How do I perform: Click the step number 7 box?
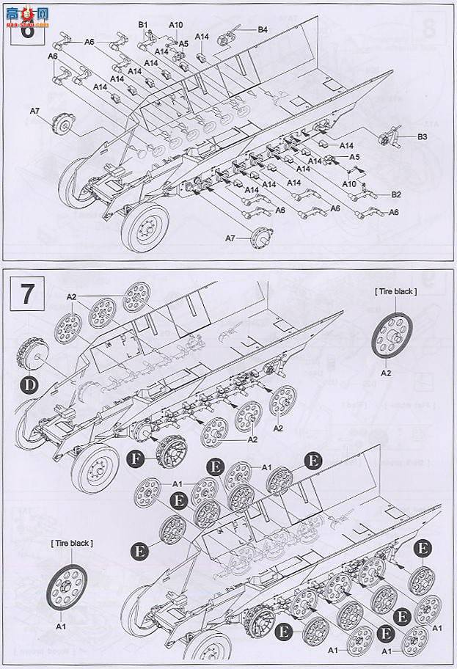click(27, 293)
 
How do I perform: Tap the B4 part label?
click(263, 29)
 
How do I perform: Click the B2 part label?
click(396, 194)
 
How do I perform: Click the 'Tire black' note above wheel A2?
click(396, 291)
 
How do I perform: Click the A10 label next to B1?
click(176, 24)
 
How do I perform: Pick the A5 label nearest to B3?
click(354, 157)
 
